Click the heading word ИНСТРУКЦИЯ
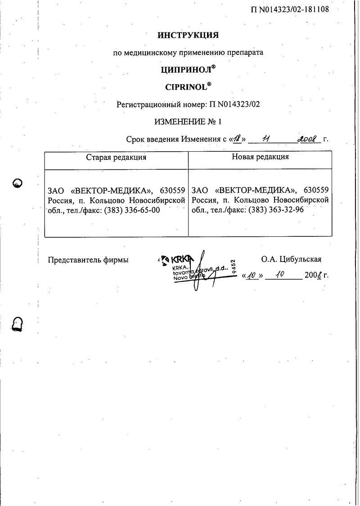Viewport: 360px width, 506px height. click(188, 35)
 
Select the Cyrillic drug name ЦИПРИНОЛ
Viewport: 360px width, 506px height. click(185, 70)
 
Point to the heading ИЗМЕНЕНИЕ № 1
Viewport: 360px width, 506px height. click(188, 122)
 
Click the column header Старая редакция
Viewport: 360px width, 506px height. click(116, 157)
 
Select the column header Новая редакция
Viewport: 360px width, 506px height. click(260, 157)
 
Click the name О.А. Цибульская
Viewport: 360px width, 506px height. click(291, 259)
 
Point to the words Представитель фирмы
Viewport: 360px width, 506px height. click(88, 260)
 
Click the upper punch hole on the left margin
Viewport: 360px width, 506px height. click(18, 183)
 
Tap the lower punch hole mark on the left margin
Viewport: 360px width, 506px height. click(18, 323)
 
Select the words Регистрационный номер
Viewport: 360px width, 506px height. click(162, 104)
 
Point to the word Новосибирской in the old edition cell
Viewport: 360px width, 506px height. click(157, 200)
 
